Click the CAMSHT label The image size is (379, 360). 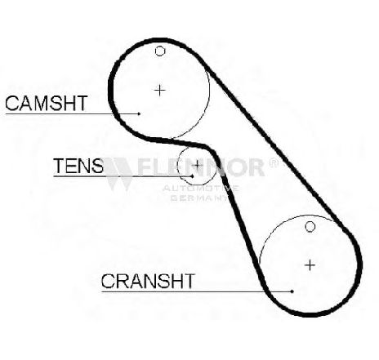47,103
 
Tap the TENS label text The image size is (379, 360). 78,166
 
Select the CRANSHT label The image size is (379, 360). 148,281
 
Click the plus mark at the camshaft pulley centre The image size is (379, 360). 160,90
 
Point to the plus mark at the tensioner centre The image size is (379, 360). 196,165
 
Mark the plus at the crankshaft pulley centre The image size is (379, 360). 310,265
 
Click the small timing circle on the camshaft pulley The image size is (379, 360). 160,51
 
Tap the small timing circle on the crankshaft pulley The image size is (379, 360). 310,226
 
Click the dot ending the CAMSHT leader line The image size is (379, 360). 139,113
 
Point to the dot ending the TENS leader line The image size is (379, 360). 193,176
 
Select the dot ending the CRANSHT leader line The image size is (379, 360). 292,291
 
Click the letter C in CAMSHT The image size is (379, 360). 12,103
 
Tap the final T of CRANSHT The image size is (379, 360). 189,281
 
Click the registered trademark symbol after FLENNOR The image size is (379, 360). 274,163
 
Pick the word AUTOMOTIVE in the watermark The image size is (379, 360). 201,188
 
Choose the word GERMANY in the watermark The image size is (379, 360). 199,198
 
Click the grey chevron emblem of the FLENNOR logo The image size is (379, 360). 118,174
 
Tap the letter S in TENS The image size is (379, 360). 97,166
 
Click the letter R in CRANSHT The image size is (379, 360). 122,281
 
